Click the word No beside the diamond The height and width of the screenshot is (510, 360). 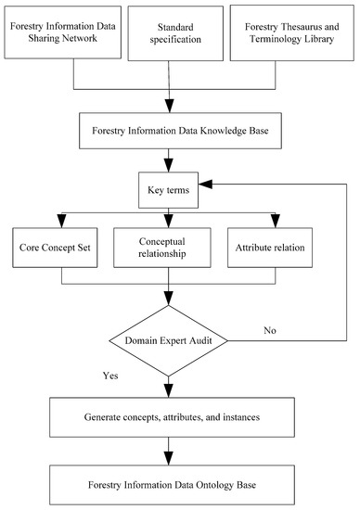point(269,328)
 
